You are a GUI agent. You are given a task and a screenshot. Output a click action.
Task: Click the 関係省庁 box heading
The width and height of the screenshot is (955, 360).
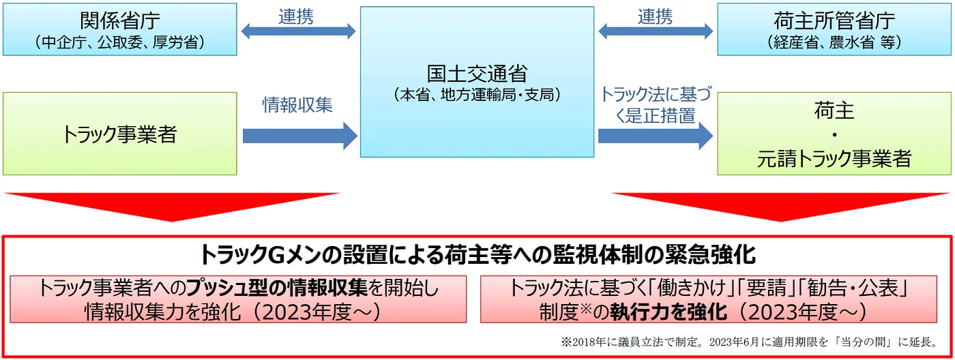pos(120,20)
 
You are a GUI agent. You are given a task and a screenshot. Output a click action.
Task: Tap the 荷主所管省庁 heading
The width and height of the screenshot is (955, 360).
pos(834,20)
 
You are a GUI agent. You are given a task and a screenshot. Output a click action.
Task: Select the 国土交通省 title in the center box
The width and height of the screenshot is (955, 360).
pos(477,74)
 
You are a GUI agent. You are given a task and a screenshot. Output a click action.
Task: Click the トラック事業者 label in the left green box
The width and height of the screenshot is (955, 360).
pos(119,134)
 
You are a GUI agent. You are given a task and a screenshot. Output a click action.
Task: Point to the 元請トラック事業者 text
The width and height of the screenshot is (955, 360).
pos(834,158)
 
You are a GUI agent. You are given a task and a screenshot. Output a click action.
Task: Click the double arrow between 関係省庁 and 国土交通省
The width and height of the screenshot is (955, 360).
pos(299,31)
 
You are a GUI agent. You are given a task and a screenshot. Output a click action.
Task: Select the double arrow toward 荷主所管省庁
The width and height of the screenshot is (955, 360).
pos(656,31)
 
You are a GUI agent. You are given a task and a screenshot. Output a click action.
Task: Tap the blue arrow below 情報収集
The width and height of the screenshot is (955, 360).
pos(300,136)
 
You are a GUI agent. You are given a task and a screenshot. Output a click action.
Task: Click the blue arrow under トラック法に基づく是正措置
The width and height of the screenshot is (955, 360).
pos(656,136)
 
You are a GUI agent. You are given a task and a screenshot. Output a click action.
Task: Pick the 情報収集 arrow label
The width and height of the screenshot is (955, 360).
pos(297,105)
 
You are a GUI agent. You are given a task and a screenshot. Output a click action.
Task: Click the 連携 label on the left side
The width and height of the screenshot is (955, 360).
pos(296,16)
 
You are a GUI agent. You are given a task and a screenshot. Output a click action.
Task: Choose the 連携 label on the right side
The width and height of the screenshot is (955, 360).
pos(655,16)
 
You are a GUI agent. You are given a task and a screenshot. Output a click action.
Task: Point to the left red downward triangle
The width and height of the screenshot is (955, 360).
pos(172,207)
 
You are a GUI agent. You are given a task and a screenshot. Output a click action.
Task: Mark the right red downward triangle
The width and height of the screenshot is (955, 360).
pos(780,207)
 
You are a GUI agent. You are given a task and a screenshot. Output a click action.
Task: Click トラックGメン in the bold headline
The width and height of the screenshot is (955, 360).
pos(261,255)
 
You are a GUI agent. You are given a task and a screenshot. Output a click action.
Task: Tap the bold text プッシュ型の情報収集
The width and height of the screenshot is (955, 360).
pos(277,288)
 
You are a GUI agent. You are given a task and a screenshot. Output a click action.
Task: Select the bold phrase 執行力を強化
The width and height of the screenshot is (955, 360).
pos(668,312)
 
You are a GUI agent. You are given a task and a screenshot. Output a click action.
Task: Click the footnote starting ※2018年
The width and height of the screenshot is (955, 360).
pos(749,342)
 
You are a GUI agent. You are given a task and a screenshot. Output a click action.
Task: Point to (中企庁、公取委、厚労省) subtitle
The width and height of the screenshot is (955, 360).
pos(120,42)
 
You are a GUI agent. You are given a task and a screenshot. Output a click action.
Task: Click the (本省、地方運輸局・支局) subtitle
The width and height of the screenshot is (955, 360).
pos(477,95)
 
